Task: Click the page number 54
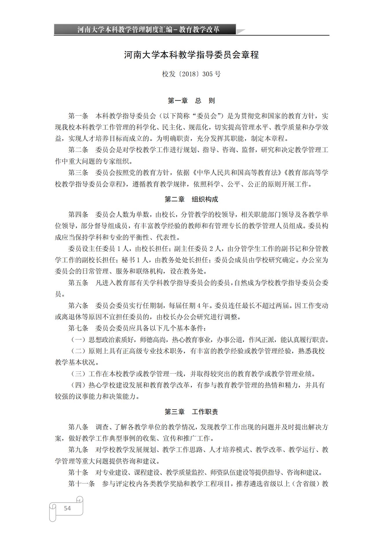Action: pos(67,508)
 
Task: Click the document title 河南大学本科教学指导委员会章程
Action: pos(191,55)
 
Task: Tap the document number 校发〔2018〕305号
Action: pos(191,74)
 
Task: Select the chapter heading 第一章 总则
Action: pos(191,101)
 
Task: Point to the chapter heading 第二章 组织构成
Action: pos(191,199)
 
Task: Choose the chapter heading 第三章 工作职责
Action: pos(191,412)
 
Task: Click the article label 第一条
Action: pos(78,116)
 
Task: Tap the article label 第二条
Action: pos(78,150)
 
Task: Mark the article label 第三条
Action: pos(78,173)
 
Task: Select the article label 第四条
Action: pos(78,215)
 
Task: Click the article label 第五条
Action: pos(78,283)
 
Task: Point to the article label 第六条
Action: pos(78,306)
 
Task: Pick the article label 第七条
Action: pos(78,328)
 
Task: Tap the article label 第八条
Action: pos(78,427)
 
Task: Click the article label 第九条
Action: pos(78,450)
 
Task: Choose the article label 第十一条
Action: pos(81,484)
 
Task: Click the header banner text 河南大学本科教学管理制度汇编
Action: pos(125,29)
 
